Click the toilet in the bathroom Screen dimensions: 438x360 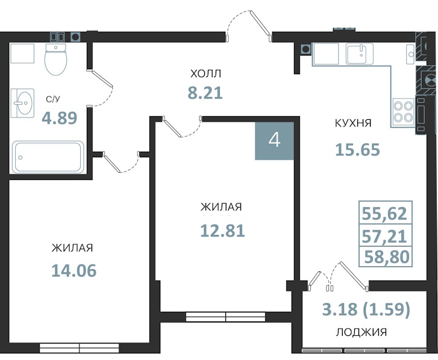pos(56,60)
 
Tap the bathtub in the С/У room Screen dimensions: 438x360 pos(48,157)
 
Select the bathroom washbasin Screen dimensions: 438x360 pos(22,103)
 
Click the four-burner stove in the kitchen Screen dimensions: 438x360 pos(403,111)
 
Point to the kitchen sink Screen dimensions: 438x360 pos(360,54)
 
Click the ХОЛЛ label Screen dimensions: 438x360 pos(205,74)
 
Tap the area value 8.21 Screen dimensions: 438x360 pos(205,93)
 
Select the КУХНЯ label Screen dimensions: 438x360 pos(353,123)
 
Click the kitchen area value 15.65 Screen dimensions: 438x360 pos(357,149)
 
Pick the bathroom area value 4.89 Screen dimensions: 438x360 pos(60,118)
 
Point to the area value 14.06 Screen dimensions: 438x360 pos(74,271)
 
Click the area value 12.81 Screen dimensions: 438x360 pos(223,231)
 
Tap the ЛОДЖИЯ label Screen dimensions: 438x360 pos(361,332)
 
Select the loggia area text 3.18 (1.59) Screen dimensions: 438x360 pos(366,309)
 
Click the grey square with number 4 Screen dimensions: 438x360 pos(274,141)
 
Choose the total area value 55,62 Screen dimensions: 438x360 pos(384,214)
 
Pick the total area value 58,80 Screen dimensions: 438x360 pos(387,256)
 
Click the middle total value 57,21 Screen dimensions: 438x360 pos(384,237)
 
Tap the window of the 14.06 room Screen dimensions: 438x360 pos(80,348)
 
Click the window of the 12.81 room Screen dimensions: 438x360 pos(226,317)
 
